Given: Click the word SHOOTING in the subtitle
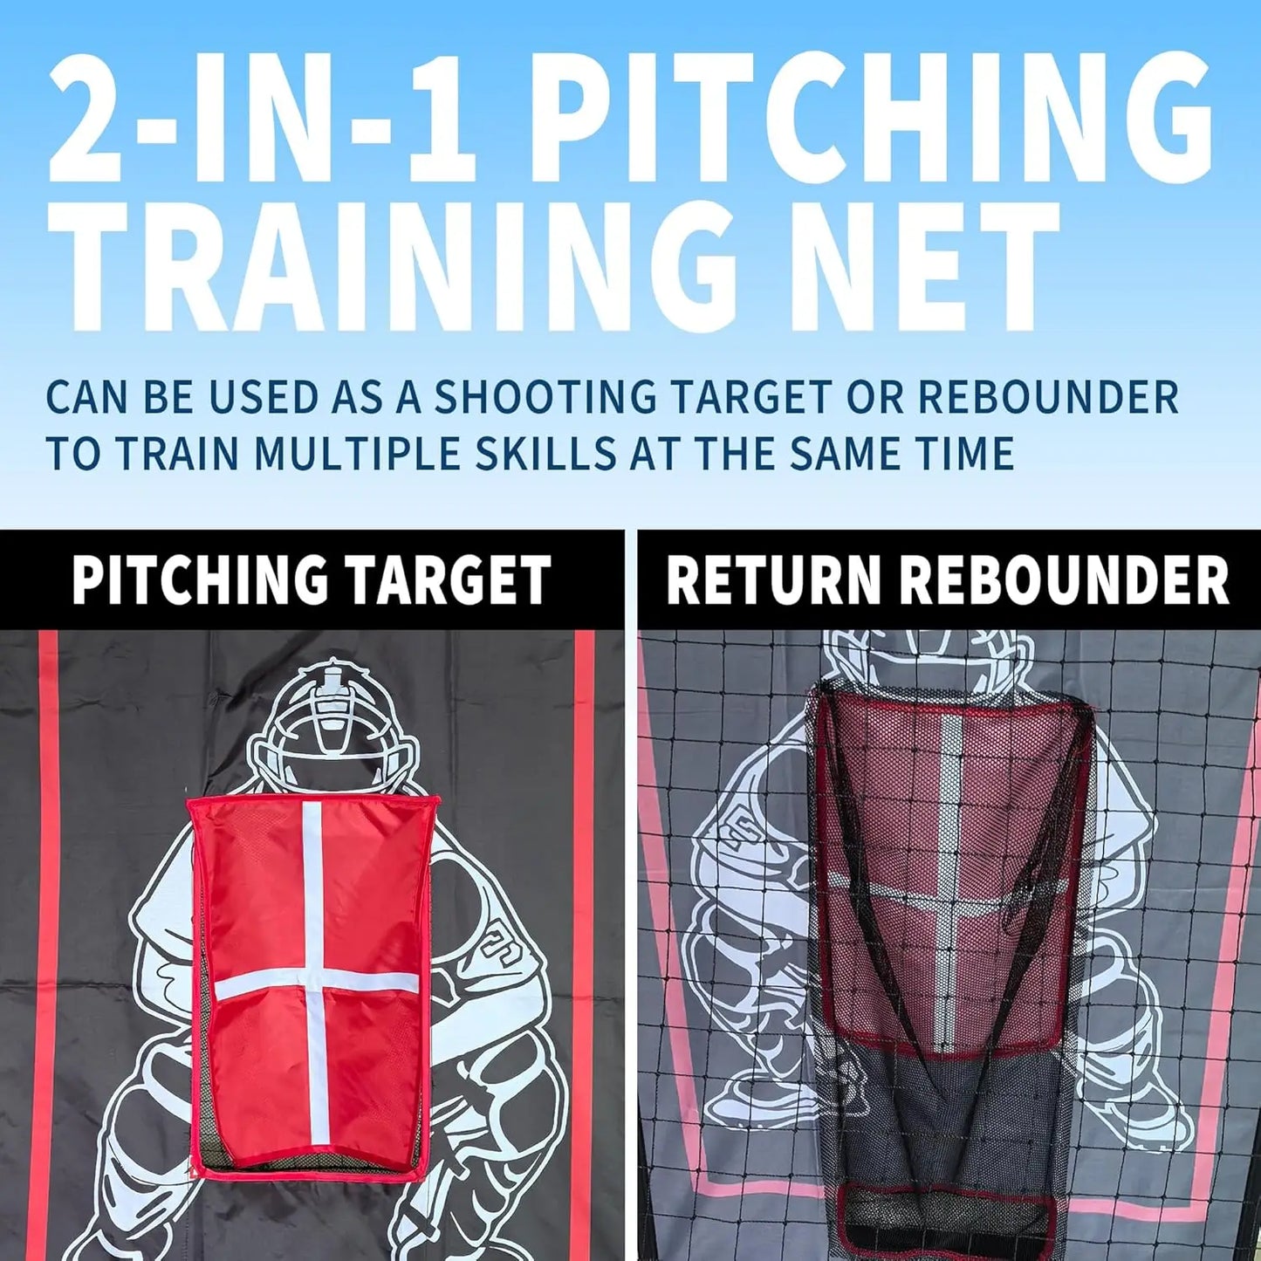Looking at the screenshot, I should (545, 397).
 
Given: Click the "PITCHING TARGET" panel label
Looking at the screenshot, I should (312, 579).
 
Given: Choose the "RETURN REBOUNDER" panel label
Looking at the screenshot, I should (948, 579).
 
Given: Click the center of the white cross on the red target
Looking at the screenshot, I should (312, 983).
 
